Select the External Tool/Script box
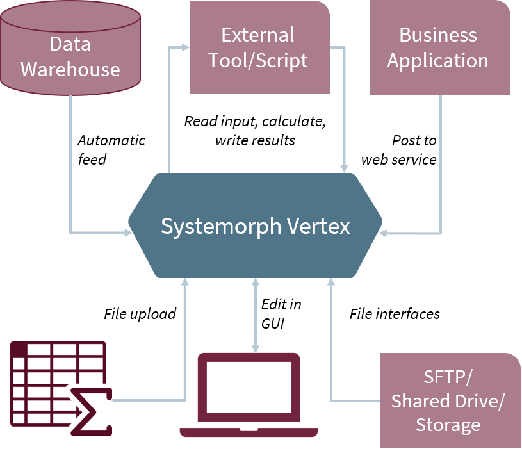pyautogui.click(x=260, y=48)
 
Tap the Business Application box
pyautogui.click(x=440, y=48)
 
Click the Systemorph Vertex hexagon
pyautogui.click(x=255, y=226)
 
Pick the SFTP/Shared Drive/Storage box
pyautogui.click(x=450, y=400)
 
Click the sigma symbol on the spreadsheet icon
pyautogui.click(x=92, y=411)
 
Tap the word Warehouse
pyautogui.click(x=70, y=69)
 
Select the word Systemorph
pyautogui.click(x=222, y=226)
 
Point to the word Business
pyautogui.click(x=438, y=35)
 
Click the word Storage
pyautogui.click(x=448, y=424)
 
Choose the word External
pyautogui.click(x=257, y=35)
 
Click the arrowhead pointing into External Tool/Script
pyautogui.click(x=186, y=47)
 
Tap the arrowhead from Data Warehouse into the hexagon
pyautogui.click(x=127, y=232)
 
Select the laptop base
pyautogui.click(x=249, y=432)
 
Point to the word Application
pyautogui.click(x=438, y=61)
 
